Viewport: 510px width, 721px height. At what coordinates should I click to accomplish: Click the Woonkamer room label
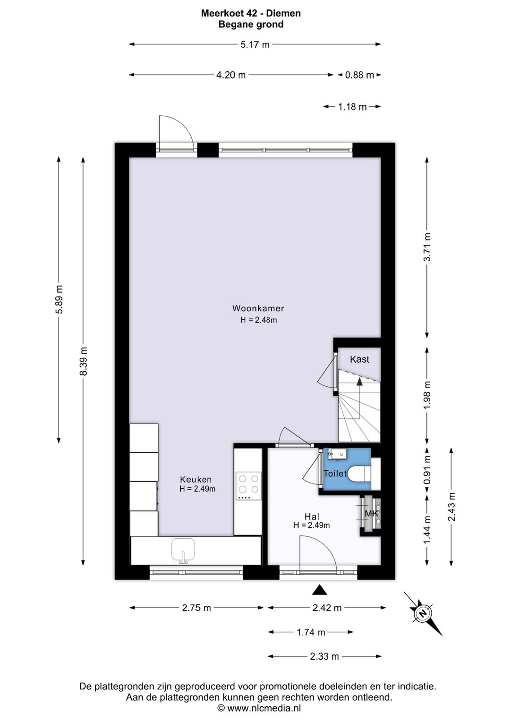pos(258,308)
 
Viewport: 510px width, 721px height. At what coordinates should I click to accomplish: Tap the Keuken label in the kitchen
pos(196,479)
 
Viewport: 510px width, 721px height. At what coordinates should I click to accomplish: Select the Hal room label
pos(312,517)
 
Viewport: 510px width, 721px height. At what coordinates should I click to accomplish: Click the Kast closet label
pos(359,359)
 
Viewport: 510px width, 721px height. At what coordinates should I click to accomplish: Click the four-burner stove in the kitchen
pos(248,486)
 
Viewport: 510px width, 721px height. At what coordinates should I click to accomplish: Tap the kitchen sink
pos(183,551)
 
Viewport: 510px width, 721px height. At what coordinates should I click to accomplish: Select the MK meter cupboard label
pos(371,513)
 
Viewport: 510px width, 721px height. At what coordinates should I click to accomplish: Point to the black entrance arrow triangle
pos(319,590)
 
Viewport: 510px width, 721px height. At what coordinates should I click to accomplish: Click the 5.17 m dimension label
pos(255,44)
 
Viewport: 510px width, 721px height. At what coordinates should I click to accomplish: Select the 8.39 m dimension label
pos(84,361)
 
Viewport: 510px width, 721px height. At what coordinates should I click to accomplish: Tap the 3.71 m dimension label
pos(427,247)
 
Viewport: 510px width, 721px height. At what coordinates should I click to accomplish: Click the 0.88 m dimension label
pos(359,75)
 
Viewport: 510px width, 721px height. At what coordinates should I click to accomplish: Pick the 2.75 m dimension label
pos(196,608)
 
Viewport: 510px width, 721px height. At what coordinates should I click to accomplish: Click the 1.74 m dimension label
pos(311,633)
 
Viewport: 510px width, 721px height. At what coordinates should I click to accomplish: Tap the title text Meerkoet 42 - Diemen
pos(251,13)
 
